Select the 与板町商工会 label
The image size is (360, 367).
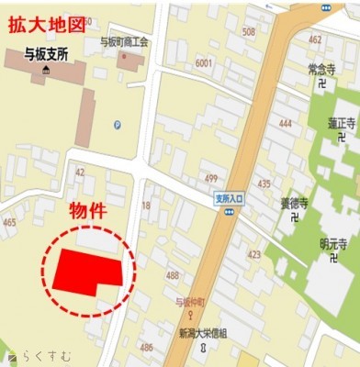click(x=124, y=41)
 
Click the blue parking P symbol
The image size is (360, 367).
click(x=117, y=126)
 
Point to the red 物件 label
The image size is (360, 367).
click(x=90, y=210)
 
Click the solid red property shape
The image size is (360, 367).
click(x=84, y=270)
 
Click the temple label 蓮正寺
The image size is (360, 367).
click(x=340, y=121)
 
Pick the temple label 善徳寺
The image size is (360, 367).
click(x=295, y=204)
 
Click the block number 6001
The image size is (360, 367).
click(x=203, y=62)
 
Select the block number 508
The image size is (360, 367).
click(x=248, y=32)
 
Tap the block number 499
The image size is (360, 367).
click(x=210, y=178)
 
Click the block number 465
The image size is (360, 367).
click(x=9, y=222)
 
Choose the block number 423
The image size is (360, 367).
click(x=253, y=255)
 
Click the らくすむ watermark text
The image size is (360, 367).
click(x=36, y=356)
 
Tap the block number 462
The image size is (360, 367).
click(x=315, y=39)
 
